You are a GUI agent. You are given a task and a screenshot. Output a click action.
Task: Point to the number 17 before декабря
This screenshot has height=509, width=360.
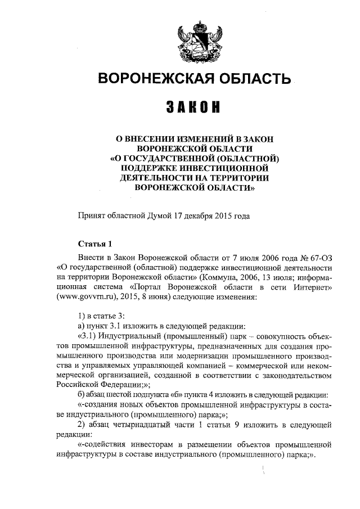pos(179,215)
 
